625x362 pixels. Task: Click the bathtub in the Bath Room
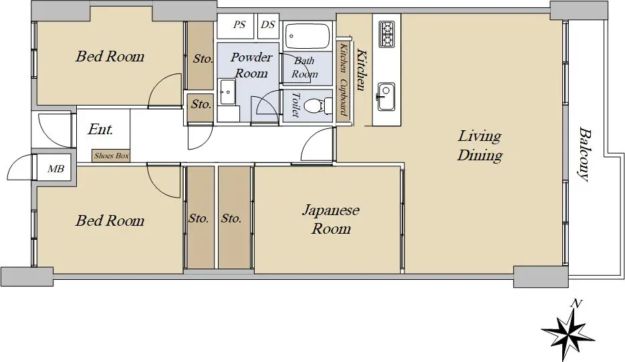click(x=307, y=36)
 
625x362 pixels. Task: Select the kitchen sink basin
click(x=386, y=97)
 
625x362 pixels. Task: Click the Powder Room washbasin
click(x=227, y=92)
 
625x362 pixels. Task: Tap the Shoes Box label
click(x=111, y=156)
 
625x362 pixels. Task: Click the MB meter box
click(x=55, y=169)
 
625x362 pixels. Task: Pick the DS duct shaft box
click(x=268, y=25)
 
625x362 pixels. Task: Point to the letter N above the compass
click(x=576, y=304)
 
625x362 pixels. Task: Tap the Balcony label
click(x=584, y=154)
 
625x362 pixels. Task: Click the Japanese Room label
click(x=331, y=219)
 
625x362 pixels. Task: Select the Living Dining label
click(x=479, y=146)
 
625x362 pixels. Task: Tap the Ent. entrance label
click(x=100, y=129)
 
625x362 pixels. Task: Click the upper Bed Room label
click(x=110, y=56)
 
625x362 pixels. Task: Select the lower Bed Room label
click(x=110, y=220)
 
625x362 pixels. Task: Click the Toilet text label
click(x=295, y=105)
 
